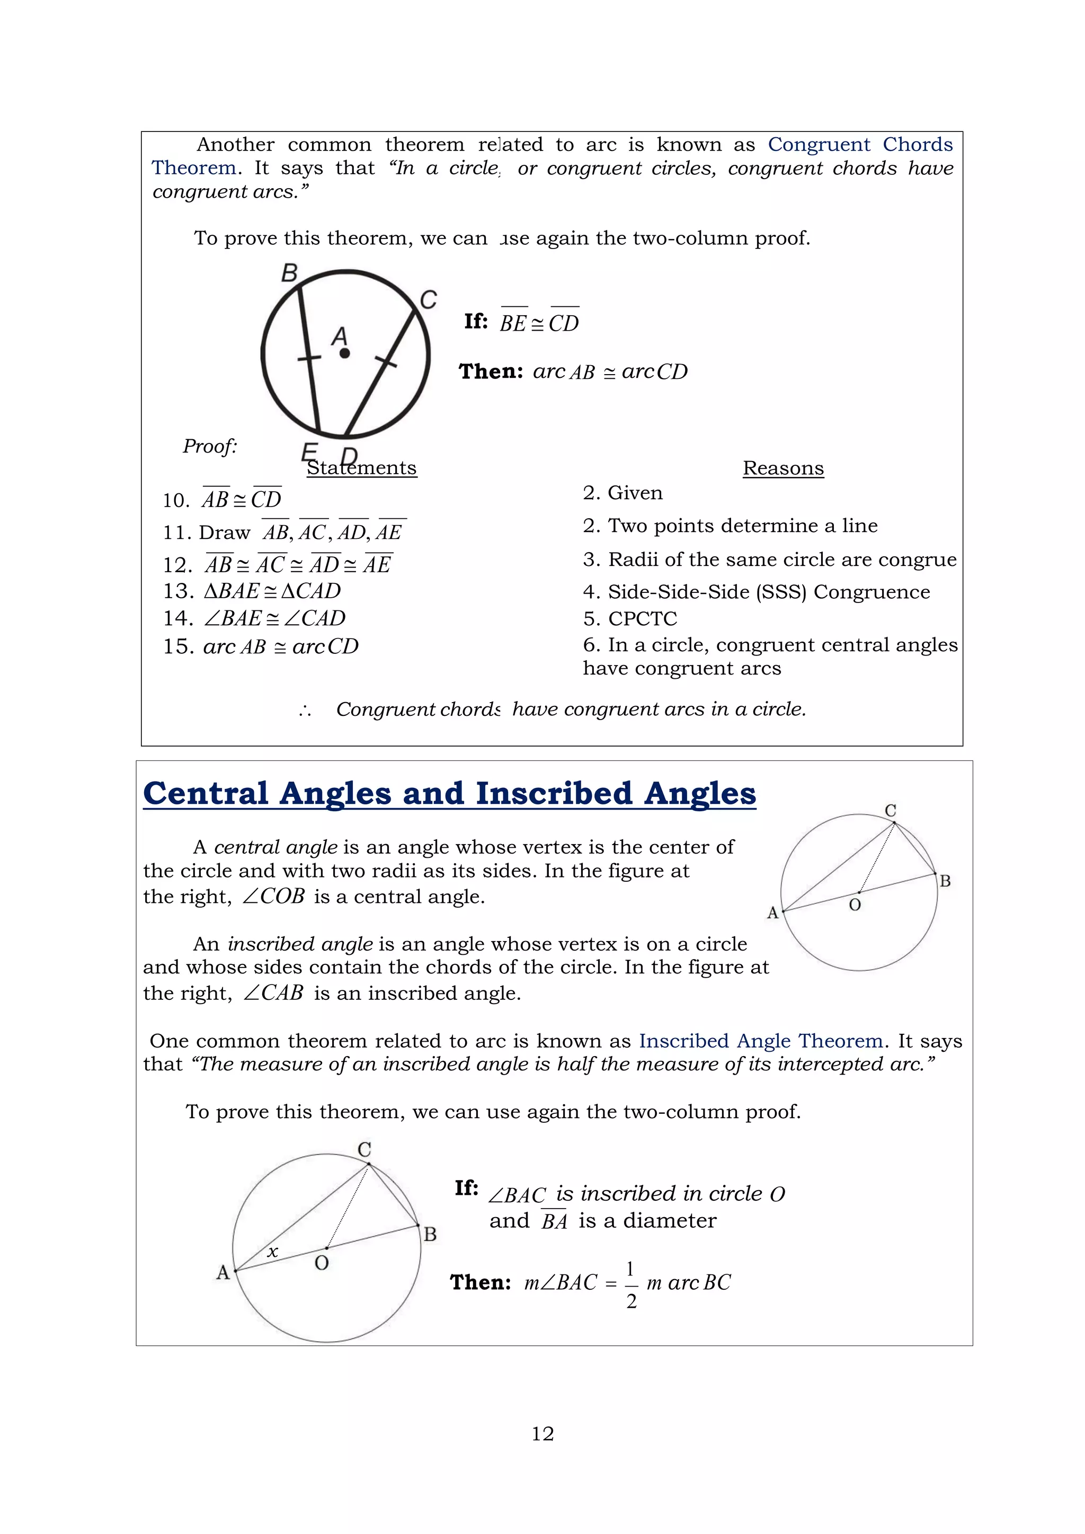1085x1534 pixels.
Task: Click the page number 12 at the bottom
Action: [x=542, y=1434]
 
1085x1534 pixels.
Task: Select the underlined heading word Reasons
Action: [x=783, y=468]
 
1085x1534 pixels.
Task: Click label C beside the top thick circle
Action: [x=428, y=300]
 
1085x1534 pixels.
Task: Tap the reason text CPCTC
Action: [x=642, y=619]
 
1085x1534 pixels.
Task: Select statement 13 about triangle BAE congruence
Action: [x=253, y=591]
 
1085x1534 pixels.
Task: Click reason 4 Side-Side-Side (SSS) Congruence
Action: [x=757, y=592]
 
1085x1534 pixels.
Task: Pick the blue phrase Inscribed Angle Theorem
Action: [x=761, y=1041]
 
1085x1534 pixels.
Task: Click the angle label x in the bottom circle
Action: [x=273, y=1252]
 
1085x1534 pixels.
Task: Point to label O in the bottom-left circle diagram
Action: [x=322, y=1263]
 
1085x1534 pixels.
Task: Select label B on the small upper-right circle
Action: [x=945, y=881]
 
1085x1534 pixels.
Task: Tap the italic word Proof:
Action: [x=210, y=446]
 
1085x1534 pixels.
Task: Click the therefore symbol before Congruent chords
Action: [x=305, y=710]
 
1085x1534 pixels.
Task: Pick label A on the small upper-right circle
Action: [x=773, y=912]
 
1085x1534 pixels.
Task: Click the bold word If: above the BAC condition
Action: [x=466, y=1188]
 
